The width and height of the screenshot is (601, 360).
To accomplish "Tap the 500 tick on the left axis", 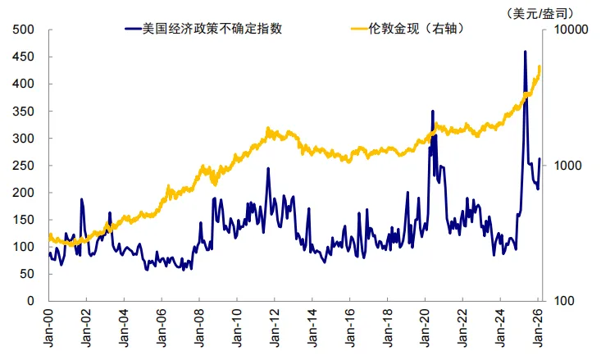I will coord(25,30).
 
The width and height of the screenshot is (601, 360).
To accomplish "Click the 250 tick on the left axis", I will coord(25,166).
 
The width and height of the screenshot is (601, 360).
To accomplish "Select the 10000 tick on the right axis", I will coord(567,30).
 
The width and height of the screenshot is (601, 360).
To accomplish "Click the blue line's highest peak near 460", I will coord(525,52).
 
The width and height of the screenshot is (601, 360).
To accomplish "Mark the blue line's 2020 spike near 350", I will coord(432,111).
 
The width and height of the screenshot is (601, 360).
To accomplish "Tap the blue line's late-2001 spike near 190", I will coord(82,199).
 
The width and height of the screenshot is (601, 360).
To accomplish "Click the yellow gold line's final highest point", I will coord(540,66).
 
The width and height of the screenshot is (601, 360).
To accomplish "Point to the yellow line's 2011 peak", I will coord(268,130).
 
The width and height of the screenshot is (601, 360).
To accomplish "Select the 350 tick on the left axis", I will coord(25,112).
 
